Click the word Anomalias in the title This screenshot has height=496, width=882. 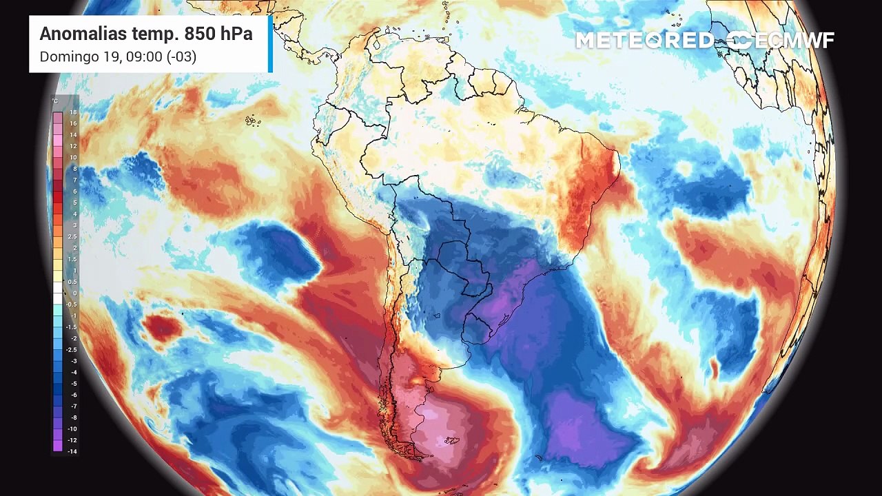(x=76, y=34)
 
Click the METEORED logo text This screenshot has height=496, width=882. (x=644, y=41)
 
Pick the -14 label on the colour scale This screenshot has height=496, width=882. (x=72, y=451)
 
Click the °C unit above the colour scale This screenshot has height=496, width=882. (x=55, y=101)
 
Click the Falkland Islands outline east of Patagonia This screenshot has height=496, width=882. (x=451, y=440)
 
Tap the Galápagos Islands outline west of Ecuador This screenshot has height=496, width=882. (x=253, y=121)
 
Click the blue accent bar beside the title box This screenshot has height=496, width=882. (x=270, y=43)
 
